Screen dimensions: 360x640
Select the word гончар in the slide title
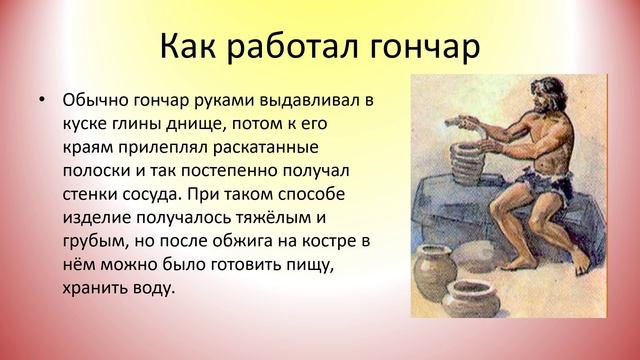click(x=420, y=46)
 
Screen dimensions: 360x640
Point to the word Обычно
click(x=93, y=101)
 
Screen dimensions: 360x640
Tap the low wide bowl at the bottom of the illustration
click(x=469, y=297)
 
